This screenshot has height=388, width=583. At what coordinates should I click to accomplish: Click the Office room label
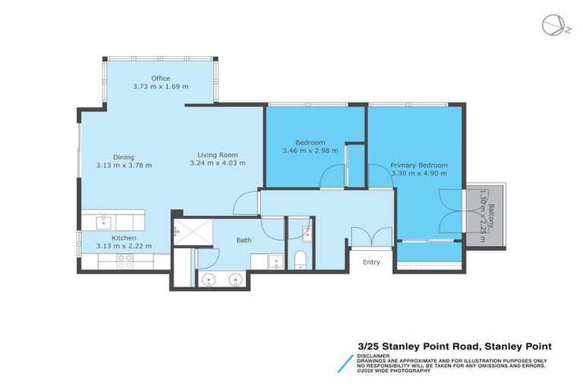[160, 78]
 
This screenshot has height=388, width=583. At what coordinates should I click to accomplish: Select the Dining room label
[124, 157]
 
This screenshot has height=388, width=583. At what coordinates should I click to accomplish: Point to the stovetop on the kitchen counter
[124, 261]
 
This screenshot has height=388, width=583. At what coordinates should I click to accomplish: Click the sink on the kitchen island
[106, 221]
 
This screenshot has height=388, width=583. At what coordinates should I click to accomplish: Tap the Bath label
[244, 240]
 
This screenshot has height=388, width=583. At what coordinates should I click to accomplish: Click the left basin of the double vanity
[210, 280]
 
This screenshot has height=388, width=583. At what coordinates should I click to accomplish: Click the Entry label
[372, 262]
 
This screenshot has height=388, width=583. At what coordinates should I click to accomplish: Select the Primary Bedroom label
[418, 164]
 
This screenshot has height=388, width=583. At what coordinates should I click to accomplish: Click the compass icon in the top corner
[553, 25]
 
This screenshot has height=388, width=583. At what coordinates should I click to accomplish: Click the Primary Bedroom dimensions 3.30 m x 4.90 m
[418, 173]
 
